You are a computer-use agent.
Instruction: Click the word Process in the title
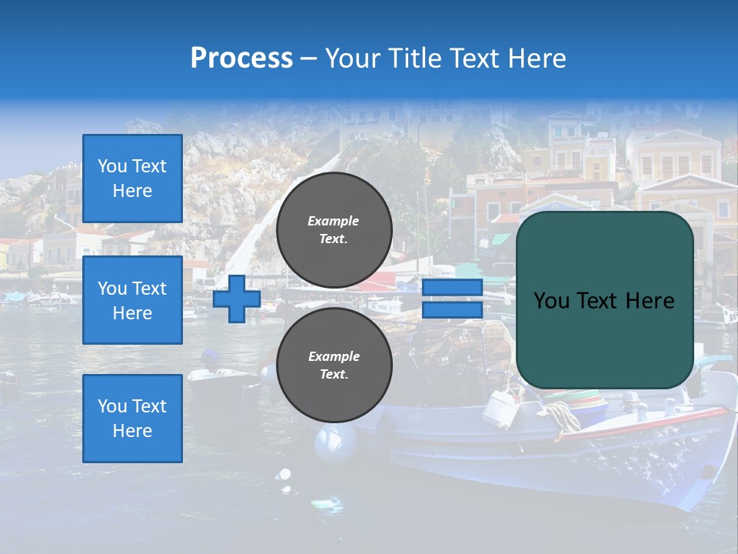[x=241, y=58]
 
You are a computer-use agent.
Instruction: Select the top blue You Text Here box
[x=132, y=179]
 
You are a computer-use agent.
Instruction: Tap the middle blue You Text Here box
[x=132, y=300]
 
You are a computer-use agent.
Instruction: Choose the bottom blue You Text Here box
[x=132, y=419]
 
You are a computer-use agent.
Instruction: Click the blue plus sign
[x=236, y=299]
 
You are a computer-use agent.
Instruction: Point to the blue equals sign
[x=452, y=299]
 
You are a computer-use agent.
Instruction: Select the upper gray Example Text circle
[x=334, y=230]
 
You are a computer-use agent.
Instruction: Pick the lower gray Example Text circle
[x=334, y=365]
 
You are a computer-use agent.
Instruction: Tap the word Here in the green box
[x=650, y=301]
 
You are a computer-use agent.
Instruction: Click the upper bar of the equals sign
[x=452, y=288]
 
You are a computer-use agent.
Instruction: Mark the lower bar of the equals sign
[x=452, y=309]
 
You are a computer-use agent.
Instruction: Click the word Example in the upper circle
[x=333, y=222]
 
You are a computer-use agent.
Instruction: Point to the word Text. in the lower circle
[x=334, y=375]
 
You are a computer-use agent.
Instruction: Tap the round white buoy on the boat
[x=336, y=444]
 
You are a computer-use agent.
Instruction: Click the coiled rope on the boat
[x=563, y=416]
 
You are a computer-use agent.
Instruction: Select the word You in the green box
[x=551, y=301]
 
